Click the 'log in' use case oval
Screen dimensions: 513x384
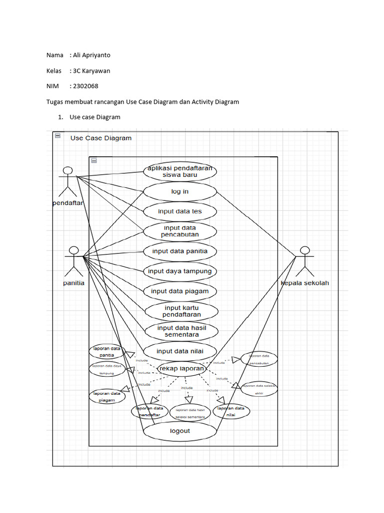point(180,191)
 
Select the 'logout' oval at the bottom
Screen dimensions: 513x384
point(180,431)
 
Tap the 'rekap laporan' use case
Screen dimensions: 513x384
point(181,368)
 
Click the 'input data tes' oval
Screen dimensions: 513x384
point(180,211)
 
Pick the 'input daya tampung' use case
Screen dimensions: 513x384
point(180,271)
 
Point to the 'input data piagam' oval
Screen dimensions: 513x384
point(180,291)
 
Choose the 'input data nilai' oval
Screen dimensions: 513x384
point(180,351)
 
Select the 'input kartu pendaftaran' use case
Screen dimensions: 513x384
point(181,311)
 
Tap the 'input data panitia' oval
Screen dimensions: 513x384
point(180,251)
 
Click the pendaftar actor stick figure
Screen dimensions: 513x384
point(68,181)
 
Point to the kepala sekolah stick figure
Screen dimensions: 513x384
point(304,262)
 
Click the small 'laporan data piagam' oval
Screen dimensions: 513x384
point(107,396)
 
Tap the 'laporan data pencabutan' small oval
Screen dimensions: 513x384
point(259,358)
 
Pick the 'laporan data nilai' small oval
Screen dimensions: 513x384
point(231,411)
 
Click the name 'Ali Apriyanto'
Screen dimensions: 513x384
point(91,55)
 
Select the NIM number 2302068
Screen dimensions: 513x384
point(85,86)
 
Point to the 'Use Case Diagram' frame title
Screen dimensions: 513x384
point(101,138)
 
